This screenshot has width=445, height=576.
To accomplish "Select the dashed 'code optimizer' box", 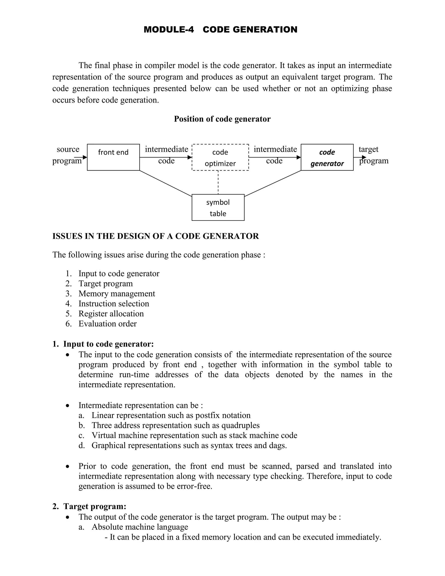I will pyautogui.click(x=220, y=157).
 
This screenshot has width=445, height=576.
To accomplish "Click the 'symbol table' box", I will pyautogui.click(x=218, y=208).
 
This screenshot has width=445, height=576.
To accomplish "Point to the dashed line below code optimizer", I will pyautogui.click(x=218, y=183).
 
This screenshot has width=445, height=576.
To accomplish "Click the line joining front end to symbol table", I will pyautogui.click(x=166, y=183).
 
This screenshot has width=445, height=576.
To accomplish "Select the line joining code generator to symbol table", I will pyautogui.click(x=273, y=183).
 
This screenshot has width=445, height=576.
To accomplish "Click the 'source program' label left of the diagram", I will pyautogui.click(x=68, y=155).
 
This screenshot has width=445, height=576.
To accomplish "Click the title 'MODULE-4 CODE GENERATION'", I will pyautogui.click(x=220, y=30).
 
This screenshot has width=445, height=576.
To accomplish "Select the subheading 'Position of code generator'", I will pyautogui.click(x=222, y=119).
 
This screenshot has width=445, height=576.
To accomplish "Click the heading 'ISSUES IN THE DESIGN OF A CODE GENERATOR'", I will pyautogui.click(x=156, y=236).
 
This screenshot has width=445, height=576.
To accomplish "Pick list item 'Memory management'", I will pyautogui.click(x=116, y=293).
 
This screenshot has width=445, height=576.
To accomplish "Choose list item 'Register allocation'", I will pyautogui.click(x=111, y=314).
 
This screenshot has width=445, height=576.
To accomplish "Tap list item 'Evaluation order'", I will pyautogui.click(x=108, y=324).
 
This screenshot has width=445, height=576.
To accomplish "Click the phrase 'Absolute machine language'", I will pyautogui.click(x=140, y=527).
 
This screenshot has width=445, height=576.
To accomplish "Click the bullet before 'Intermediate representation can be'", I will pyautogui.click(x=68, y=406).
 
